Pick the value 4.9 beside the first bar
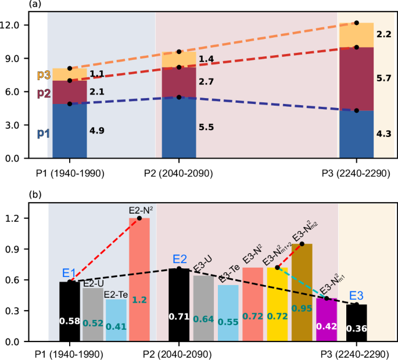(x=97, y=131)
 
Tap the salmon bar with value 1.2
(x=139, y=279)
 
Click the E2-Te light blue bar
(x=116, y=322)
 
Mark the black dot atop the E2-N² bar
(x=139, y=218)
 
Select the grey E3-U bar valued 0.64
(x=204, y=308)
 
